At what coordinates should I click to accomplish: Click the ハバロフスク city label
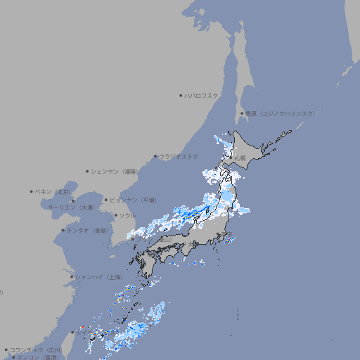pyautogui.click(x=201, y=95)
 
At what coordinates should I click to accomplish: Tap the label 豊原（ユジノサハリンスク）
pyautogui.click(x=281, y=114)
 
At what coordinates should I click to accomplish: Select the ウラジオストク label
pyautogui.click(x=179, y=156)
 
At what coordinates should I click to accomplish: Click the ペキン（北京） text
pyautogui.click(x=53, y=191)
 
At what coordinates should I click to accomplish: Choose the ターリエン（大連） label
pyautogui.click(x=72, y=207)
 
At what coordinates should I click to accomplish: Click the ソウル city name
pyautogui.click(x=127, y=215)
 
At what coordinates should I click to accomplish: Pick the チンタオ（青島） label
pyautogui.click(x=88, y=230)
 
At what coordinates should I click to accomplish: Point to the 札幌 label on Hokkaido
pyautogui.click(x=240, y=157)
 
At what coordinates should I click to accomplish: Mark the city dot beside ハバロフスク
pyautogui.click(x=181, y=95)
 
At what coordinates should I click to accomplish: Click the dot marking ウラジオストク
pyautogui.click(x=155, y=156)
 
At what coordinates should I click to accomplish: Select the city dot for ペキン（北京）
pyautogui.click(x=32, y=191)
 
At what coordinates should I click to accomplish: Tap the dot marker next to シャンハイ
pyautogui.click(x=72, y=277)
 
